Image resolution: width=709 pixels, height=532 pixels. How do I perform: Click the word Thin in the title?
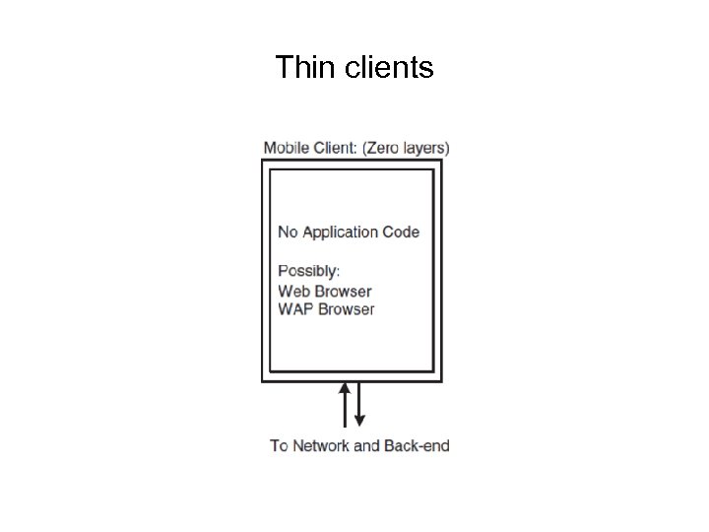[299, 68]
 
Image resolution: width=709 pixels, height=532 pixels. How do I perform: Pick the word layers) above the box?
[426, 149]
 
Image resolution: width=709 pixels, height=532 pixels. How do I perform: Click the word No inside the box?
[288, 233]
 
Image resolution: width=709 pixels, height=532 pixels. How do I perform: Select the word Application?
[340, 233]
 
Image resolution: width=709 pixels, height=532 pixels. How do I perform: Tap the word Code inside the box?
[402, 233]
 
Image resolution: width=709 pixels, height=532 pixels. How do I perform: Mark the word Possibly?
[309, 271]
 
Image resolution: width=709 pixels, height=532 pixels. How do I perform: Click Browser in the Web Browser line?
[344, 291]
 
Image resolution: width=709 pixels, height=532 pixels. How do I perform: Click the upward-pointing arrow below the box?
[345, 404]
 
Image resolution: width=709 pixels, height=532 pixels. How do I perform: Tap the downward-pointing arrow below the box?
[359, 404]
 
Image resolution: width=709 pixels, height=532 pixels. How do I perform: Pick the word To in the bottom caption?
[280, 445]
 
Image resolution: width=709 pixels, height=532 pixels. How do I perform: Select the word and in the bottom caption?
[366, 445]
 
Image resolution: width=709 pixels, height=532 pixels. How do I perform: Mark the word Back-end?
[417, 445]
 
